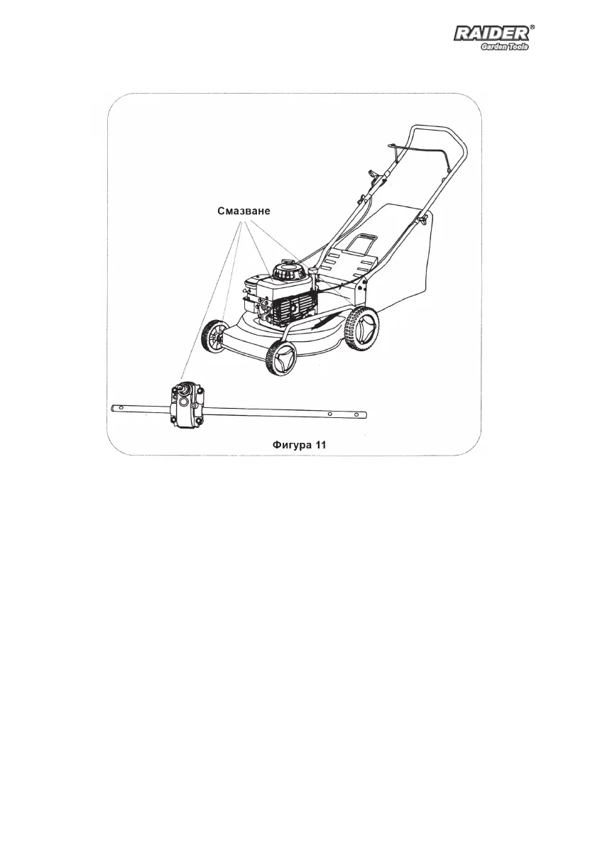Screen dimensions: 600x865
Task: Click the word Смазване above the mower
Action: click(244, 211)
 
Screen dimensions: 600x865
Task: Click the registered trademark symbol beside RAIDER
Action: click(533, 26)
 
